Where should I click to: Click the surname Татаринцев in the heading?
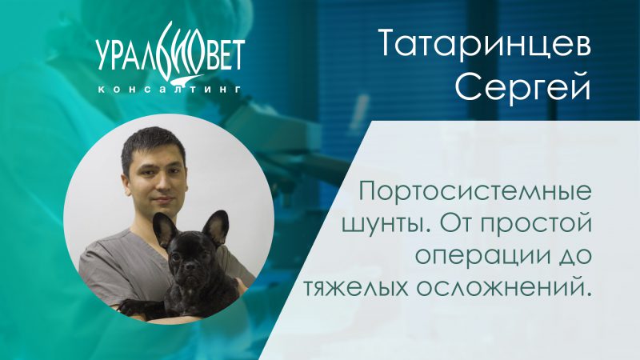[x=485, y=43]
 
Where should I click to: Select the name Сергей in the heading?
[x=523, y=87]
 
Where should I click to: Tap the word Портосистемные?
[x=475, y=191]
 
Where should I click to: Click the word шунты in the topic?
[x=383, y=224]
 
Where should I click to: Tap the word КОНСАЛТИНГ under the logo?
[x=170, y=90]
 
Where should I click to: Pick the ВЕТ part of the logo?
[x=225, y=55]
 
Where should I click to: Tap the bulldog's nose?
[x=190, y=268]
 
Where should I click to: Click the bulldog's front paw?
[x=130, y=307]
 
